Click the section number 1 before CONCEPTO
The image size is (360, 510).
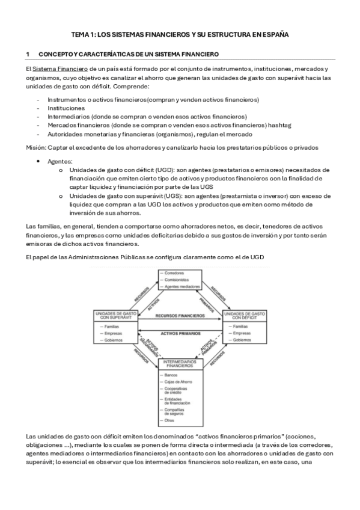click(x=28, y=55)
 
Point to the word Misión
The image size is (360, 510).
click(x=37, y=147)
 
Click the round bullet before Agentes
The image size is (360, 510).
click(x=39, y=162)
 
